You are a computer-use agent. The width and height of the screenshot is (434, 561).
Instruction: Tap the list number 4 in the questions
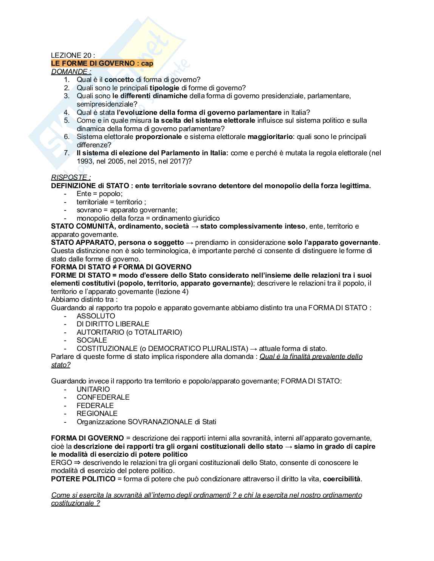coord(67,112)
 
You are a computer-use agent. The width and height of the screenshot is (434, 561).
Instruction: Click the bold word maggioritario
coord(270,136)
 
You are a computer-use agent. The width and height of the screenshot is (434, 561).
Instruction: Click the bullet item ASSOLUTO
coord(96,316)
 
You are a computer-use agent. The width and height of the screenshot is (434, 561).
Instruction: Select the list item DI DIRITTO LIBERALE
coord(113,324)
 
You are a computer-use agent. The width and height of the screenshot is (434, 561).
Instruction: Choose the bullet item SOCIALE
coord(91,340)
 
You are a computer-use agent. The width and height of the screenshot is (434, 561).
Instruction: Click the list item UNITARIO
coord(93,389)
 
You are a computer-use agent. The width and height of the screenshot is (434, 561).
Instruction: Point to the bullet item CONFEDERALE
coord(103,397)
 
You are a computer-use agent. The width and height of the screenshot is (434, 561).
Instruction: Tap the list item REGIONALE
coord(97,413)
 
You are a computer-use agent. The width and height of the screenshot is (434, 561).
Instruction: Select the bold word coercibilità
coord(342,479)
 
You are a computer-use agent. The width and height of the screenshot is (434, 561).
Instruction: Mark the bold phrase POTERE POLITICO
coord(83,479)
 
